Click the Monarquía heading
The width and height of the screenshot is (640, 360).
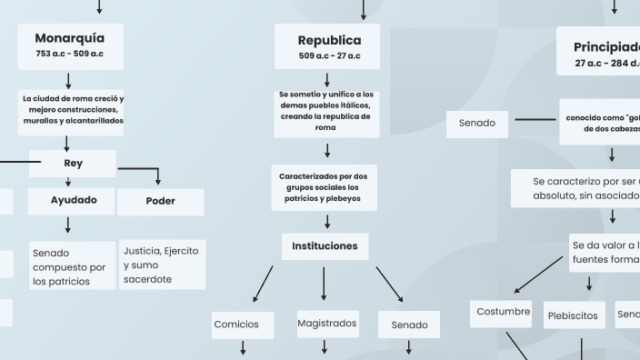(x=70, y=38)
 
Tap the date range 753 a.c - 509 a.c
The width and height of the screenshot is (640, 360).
(x=70, y=54)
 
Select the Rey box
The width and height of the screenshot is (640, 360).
(x=73, y=164)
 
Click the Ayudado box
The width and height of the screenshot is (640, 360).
(x=74, y=200)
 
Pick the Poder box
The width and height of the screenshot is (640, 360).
(x=160, y=201)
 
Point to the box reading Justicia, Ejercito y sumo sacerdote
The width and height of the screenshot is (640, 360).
(x=162, y=265)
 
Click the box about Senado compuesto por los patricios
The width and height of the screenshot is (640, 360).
(x=69, y=266)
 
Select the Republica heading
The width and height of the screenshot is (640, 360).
(x=329, y=40)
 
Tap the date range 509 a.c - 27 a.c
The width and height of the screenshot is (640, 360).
(x=329, y=56)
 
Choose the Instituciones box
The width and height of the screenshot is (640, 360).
(x=325, y=245)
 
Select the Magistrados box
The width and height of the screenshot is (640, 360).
(x=327, y=323)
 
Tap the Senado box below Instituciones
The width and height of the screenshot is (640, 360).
(x=409, y=325)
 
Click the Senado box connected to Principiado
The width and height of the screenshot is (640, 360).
(x=477, y=123)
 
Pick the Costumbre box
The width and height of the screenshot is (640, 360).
(x=503, y=312)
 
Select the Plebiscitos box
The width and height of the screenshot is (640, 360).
(x=574, y=315)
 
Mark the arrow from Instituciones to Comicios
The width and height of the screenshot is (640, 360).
(x=263, y=284)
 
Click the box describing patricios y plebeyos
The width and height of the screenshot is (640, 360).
(x=325, y=186)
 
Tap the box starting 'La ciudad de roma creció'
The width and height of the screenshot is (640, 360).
(x=74, y=109)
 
